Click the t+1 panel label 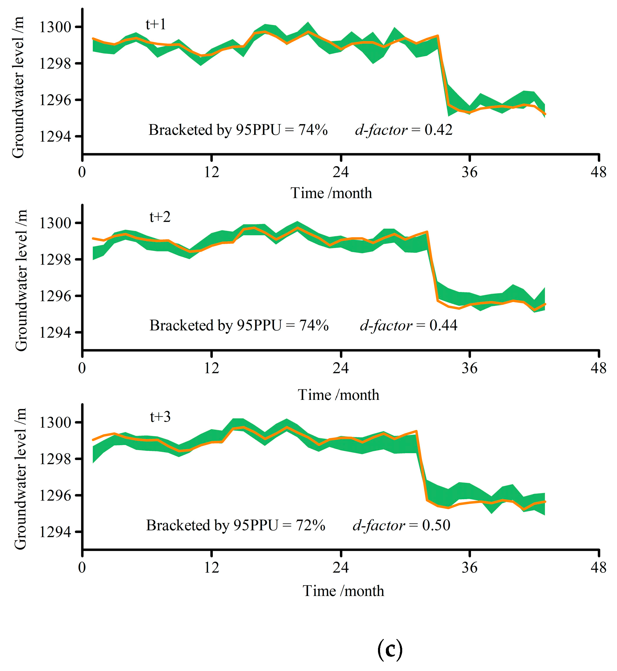[156, 25]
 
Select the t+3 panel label [160, 416]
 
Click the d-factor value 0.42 [438, 130]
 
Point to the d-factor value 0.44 [443, 325]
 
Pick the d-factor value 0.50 [436, 525]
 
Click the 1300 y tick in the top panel [55, 27]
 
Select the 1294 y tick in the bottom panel [55, 531]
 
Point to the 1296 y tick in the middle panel [55, 296]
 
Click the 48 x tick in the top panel [598, 172]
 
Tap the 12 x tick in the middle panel [211, 368]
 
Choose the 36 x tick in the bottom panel [470, 567]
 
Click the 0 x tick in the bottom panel [82, 567]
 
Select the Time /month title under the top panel [331, 193]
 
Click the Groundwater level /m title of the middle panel [21, 280]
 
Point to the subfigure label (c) [390, 650]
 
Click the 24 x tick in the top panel [340, 172]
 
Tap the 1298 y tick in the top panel [55, 64]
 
